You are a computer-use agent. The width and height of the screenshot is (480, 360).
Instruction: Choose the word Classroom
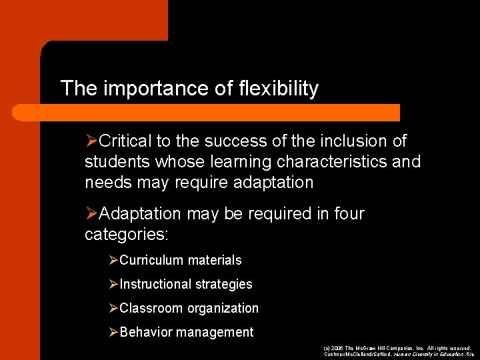pos(151,309)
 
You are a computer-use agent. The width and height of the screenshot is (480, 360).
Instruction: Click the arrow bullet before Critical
pos(92,141)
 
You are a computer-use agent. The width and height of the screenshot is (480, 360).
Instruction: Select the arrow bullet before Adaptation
pos(92,214)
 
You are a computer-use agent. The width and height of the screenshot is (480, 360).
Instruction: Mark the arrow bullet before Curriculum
pos(113,261)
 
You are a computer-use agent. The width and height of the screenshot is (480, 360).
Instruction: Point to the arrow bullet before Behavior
pos(113,332)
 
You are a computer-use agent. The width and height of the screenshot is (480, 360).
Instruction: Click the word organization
pos(223,309)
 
